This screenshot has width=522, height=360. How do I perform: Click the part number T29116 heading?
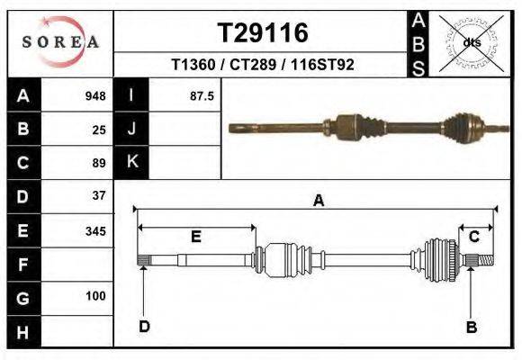point(263,33)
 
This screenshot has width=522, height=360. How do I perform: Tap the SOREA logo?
point(60,41)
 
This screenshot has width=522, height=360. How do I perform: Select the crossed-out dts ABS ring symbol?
point(471,42)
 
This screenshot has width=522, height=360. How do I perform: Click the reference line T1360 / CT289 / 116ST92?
point(263,66)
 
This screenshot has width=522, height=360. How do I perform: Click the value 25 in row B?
point(99,130)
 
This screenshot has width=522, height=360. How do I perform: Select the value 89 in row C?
point(99,163)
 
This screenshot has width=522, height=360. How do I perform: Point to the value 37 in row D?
point(99,195)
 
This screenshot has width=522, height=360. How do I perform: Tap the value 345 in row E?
point(95,231)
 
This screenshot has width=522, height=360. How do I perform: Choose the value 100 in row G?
point(95,296)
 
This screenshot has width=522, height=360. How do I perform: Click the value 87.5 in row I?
point(202,96)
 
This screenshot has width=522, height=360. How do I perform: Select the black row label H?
point(23,331)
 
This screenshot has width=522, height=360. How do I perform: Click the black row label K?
point(131,162)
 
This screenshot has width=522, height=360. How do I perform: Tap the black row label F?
point(23,265)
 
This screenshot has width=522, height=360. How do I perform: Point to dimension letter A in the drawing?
point(318,202)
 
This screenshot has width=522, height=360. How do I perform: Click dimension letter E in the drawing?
point(195,237)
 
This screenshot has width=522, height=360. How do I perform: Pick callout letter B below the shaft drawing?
point(471,327)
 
